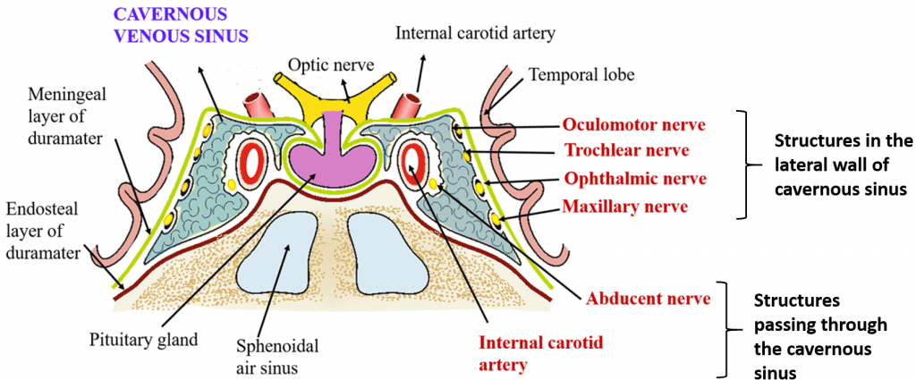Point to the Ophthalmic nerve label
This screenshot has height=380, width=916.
point(634,178)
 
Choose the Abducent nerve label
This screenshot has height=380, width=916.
point(648,297)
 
